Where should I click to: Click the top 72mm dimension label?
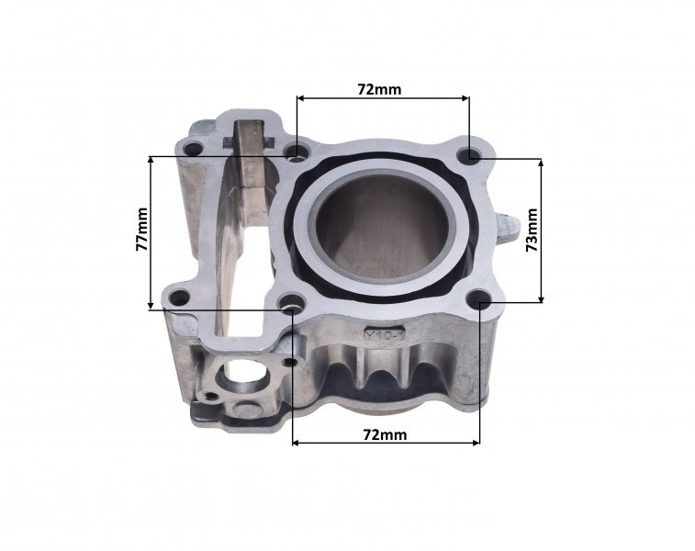point(379,89)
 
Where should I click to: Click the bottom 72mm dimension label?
point(385,435)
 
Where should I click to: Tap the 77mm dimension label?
point(141,230)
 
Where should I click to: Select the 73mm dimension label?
point(532,230)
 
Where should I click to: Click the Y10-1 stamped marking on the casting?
point(385,335)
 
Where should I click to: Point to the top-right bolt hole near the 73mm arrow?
point(471,154)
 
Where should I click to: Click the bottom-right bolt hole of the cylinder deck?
point(479,298)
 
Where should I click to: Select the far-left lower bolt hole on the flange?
point(179,298)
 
